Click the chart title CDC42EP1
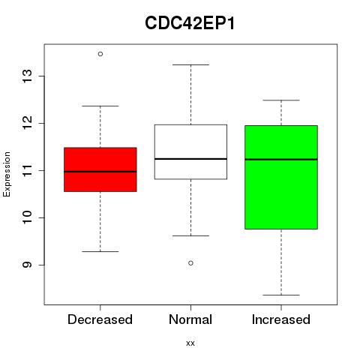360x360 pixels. (190, 23)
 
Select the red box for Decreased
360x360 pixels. (100, 169)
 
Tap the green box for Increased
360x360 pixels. (281, 177)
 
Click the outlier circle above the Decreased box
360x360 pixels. (100, 54)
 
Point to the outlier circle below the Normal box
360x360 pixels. (190, 263)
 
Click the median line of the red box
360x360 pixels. (100, 172)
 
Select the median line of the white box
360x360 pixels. (190, 159)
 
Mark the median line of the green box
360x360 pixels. (281, 159)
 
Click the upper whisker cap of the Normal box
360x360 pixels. (190, 64)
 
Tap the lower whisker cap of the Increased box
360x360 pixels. (281, 295)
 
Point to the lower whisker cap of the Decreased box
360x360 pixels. (100, 251)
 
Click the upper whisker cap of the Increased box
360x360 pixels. (281, 100)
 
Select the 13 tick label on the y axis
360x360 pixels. (27, 76)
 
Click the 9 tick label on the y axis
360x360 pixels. (27, 265)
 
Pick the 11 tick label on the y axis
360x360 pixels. (27, 170)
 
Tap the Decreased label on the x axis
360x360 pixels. (100, 319)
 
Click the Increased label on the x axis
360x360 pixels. (281, 319)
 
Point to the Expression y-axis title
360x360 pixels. (7, 174)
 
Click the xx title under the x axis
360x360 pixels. (190, 343)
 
